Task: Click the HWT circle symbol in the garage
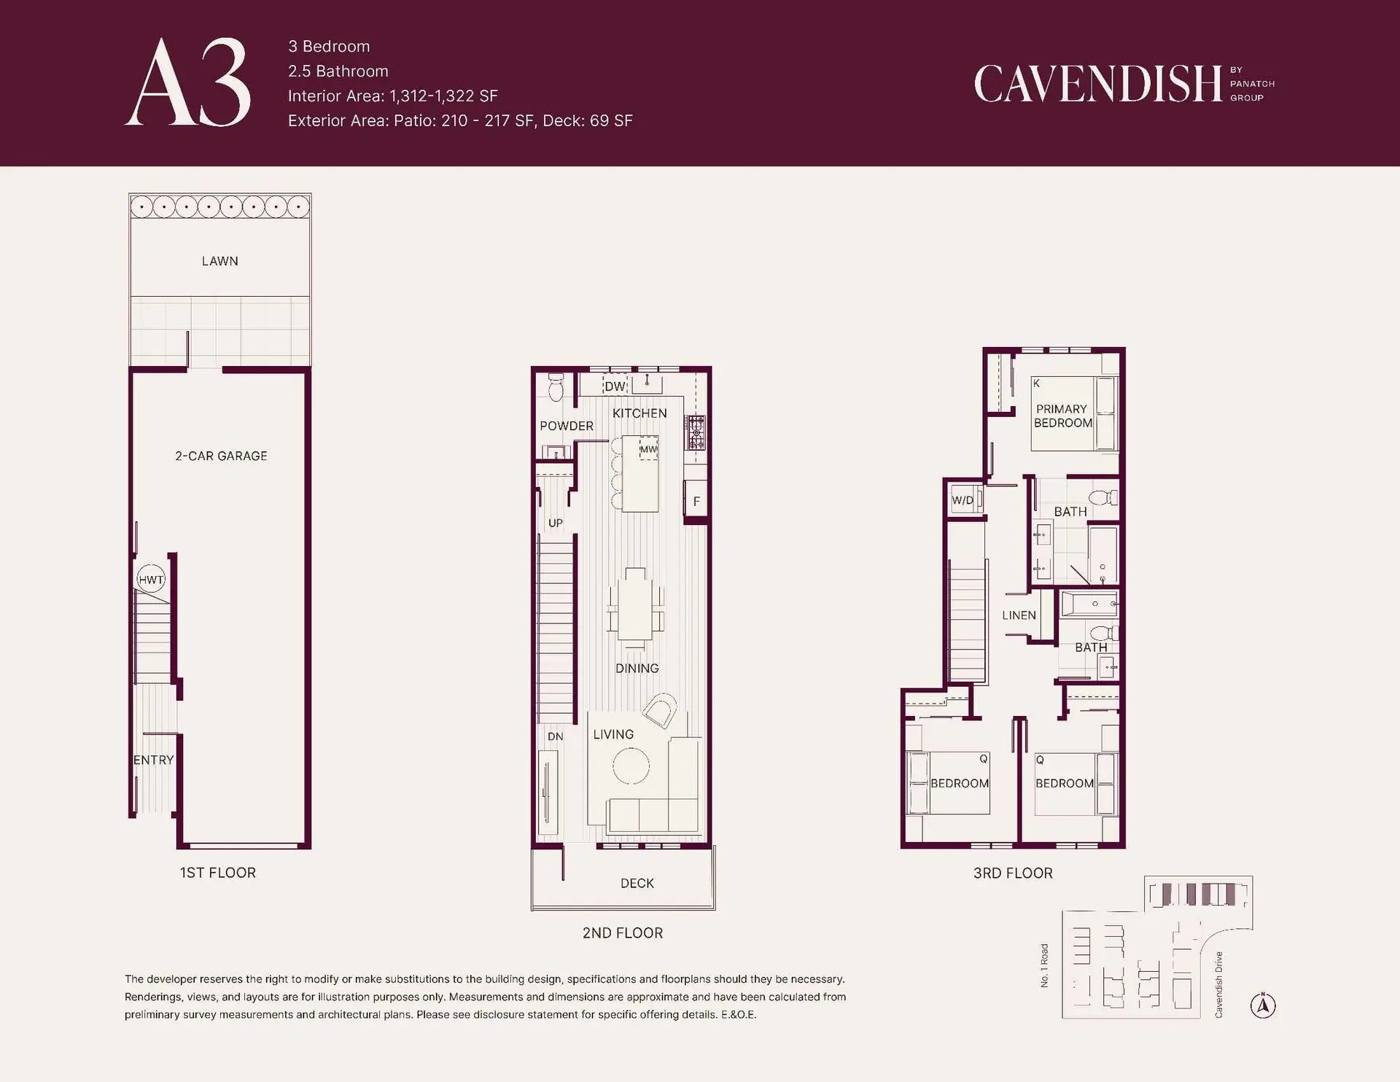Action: point(151,580)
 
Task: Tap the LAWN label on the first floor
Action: point(220,261)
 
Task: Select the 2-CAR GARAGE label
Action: point(221,456)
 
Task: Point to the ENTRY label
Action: point(154,760)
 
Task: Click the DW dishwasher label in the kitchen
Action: point(615,386)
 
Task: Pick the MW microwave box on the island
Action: point(648,448)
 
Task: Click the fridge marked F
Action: point(696,500)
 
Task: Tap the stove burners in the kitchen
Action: point(696,432)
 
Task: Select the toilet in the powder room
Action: point(556,387)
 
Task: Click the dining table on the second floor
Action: point(635,604)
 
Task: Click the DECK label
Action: point(637,883)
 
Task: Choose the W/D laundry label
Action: point(962,500)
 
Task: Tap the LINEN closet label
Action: point(1019,615)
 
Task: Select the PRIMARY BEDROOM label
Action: point(1063,416)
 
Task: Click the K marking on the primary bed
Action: point(1036,384)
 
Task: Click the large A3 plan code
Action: point(188,82)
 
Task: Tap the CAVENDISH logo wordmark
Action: point(1098,83)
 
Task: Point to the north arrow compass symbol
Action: point(1263,1005)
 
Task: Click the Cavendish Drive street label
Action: point(1218,984)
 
